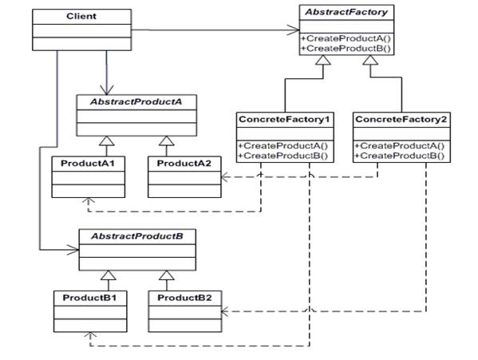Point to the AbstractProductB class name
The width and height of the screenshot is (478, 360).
point(136,238)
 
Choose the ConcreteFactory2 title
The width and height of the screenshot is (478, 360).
point(401,119)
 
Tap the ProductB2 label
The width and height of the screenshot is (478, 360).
point(185,297)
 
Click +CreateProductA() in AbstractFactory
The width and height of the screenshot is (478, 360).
point(346,38)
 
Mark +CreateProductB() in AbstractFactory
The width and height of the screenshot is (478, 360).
point(346,48)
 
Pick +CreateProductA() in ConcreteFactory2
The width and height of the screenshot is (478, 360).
point(401,146)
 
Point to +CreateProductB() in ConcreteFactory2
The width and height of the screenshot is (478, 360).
point(401,156)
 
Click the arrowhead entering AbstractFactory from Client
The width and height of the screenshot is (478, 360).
point(293,31)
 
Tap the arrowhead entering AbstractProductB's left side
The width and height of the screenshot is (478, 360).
point(73,251)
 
